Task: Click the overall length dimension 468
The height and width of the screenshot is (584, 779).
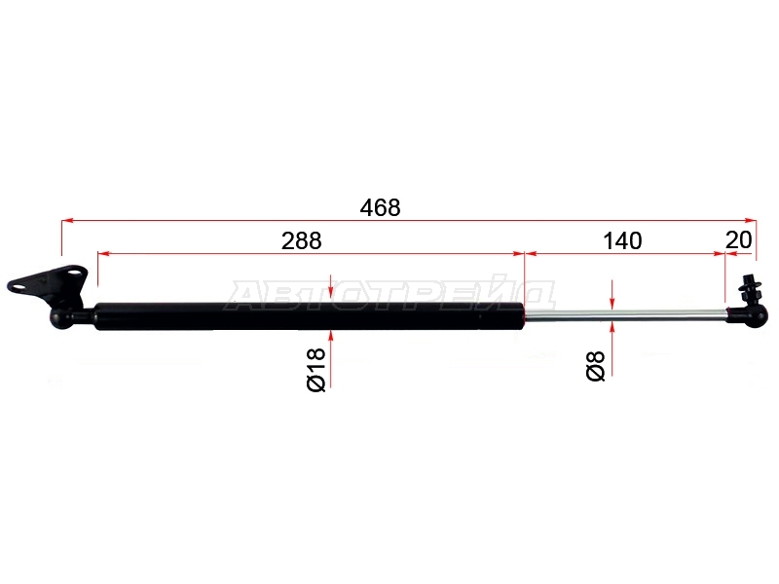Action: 380,207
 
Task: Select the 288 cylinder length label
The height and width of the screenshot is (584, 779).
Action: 302,240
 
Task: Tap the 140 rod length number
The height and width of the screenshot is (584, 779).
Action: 622,240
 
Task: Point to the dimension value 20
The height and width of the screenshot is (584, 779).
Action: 739,240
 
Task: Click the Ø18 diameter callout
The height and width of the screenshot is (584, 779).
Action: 316,370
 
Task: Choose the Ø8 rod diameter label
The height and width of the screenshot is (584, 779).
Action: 596,366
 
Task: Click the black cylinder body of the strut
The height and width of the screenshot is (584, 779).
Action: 310,316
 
